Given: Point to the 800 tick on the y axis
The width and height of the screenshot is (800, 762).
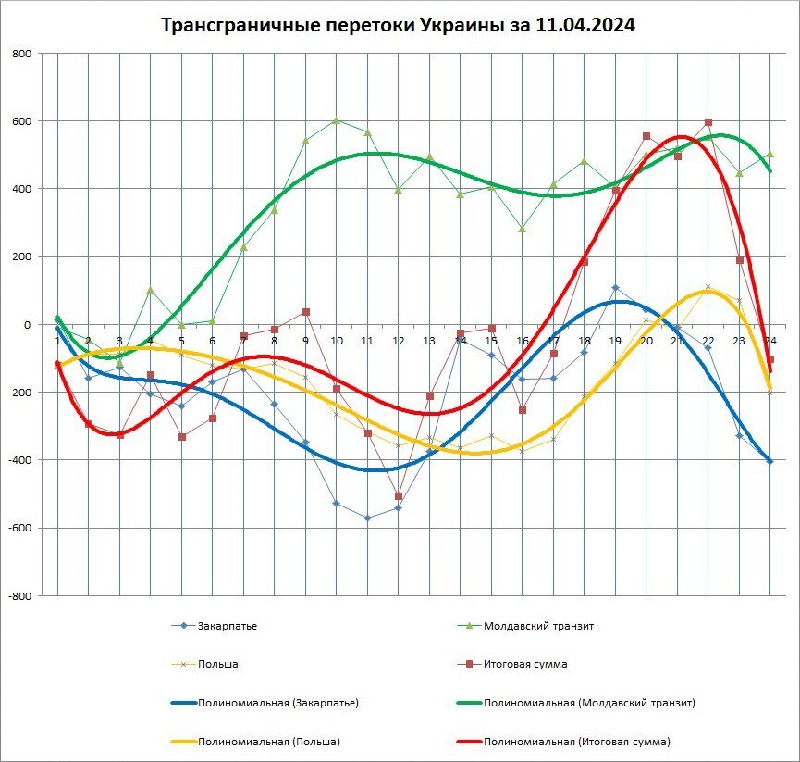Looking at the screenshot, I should click(21, 54).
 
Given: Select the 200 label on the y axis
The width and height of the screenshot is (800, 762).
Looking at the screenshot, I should click(21, 257).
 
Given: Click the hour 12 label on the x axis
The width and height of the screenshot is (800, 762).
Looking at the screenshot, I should click(399, 341).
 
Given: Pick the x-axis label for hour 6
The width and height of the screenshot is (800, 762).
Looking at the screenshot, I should click(212, 341).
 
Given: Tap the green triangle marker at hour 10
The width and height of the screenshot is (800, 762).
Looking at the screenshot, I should click(337, 120).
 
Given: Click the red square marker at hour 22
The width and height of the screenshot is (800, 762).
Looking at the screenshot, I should click(708, 122).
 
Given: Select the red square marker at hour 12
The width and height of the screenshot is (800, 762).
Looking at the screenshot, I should click(399, 496).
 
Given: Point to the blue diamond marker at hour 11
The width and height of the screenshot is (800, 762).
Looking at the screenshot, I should click(367, 518).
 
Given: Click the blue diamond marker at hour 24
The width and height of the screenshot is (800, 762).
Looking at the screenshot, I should click(769, 461).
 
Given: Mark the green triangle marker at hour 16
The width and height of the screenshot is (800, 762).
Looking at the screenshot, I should click(523, 228).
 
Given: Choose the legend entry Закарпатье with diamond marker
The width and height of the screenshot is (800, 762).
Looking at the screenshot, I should click(227, 626).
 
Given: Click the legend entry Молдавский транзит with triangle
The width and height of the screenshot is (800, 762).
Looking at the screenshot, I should click(537, 626).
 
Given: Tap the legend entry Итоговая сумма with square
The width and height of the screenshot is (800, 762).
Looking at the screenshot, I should click(524, 664).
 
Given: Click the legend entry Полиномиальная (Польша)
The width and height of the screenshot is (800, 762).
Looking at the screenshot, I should click(268, 742).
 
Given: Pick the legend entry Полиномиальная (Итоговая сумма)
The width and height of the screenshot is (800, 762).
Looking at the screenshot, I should click(576, 742).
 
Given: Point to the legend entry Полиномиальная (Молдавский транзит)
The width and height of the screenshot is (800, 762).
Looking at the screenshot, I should click(589, 703).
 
